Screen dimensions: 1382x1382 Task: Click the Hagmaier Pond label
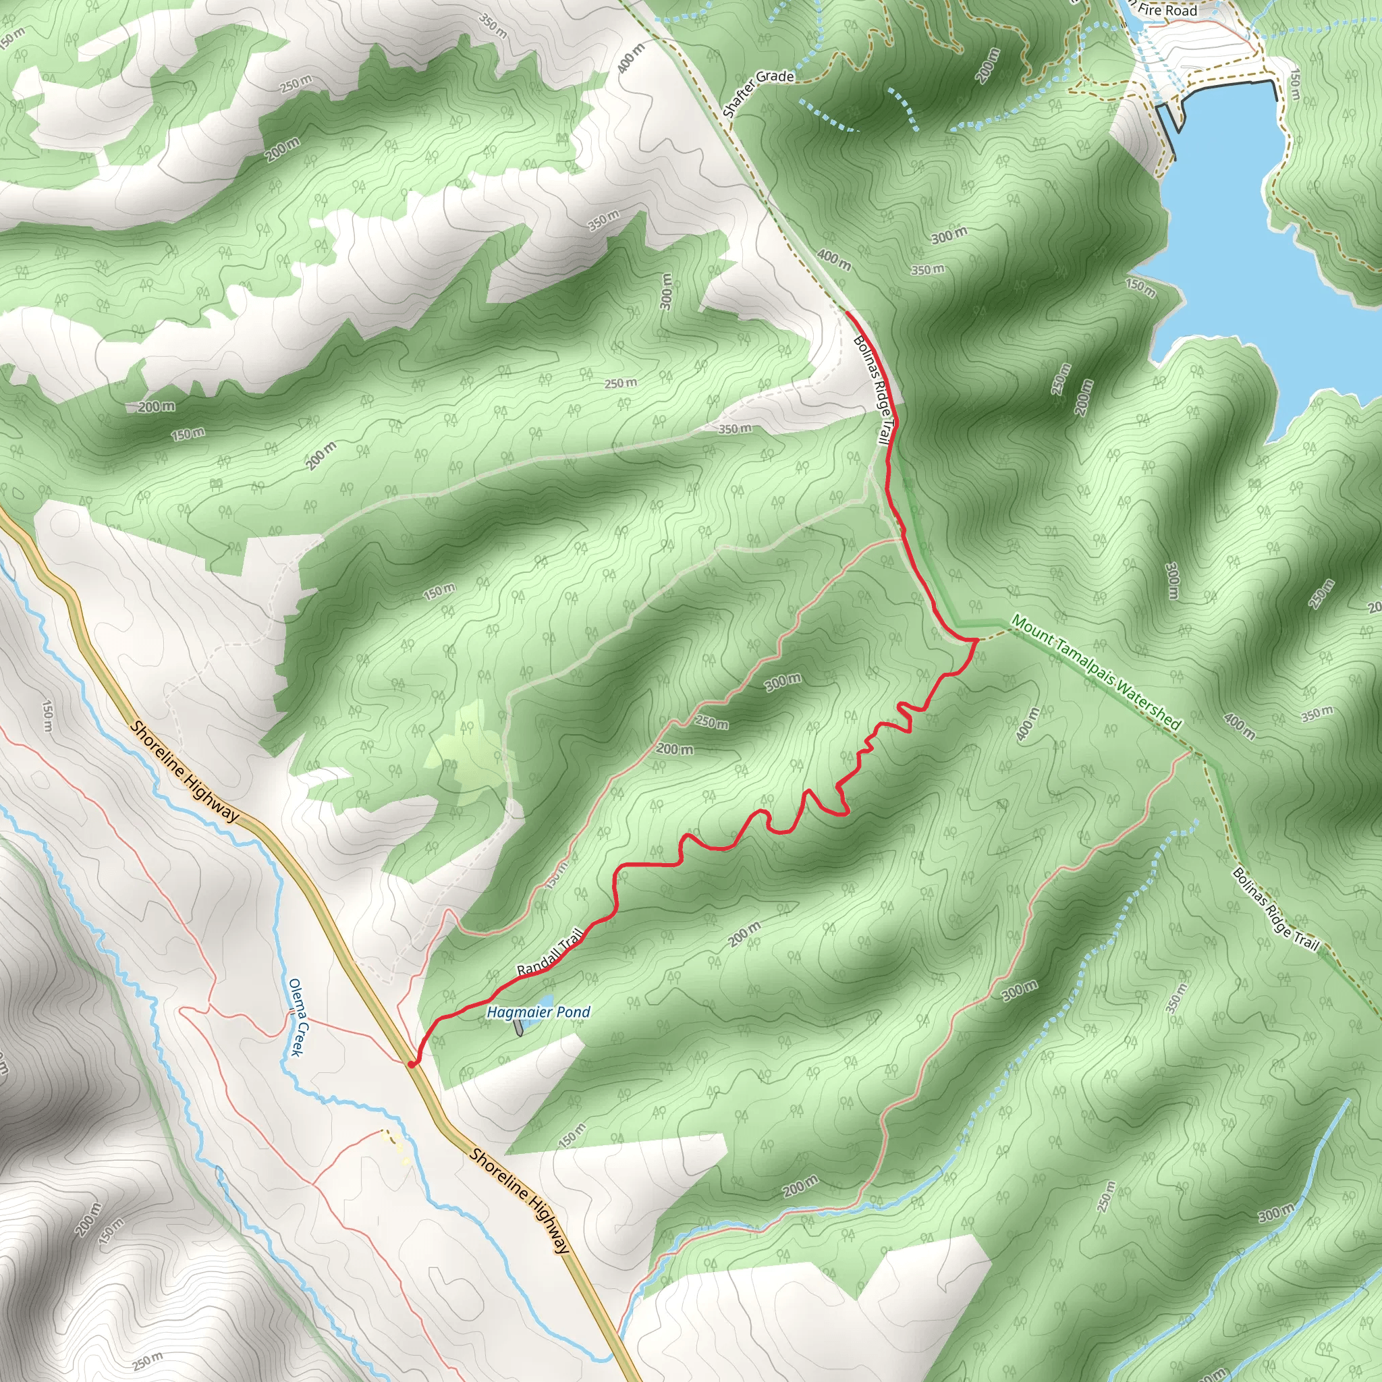coord(538,1012)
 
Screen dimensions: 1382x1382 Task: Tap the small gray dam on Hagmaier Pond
coord(518,1027)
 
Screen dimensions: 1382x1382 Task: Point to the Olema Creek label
coord(297,1017)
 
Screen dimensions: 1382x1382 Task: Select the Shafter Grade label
coord(758,92)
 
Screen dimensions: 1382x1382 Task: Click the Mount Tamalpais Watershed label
coord(1096,670)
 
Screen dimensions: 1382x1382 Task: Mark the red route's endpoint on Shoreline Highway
coord(412,1064)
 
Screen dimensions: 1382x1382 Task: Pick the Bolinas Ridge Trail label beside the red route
coord(875,393)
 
